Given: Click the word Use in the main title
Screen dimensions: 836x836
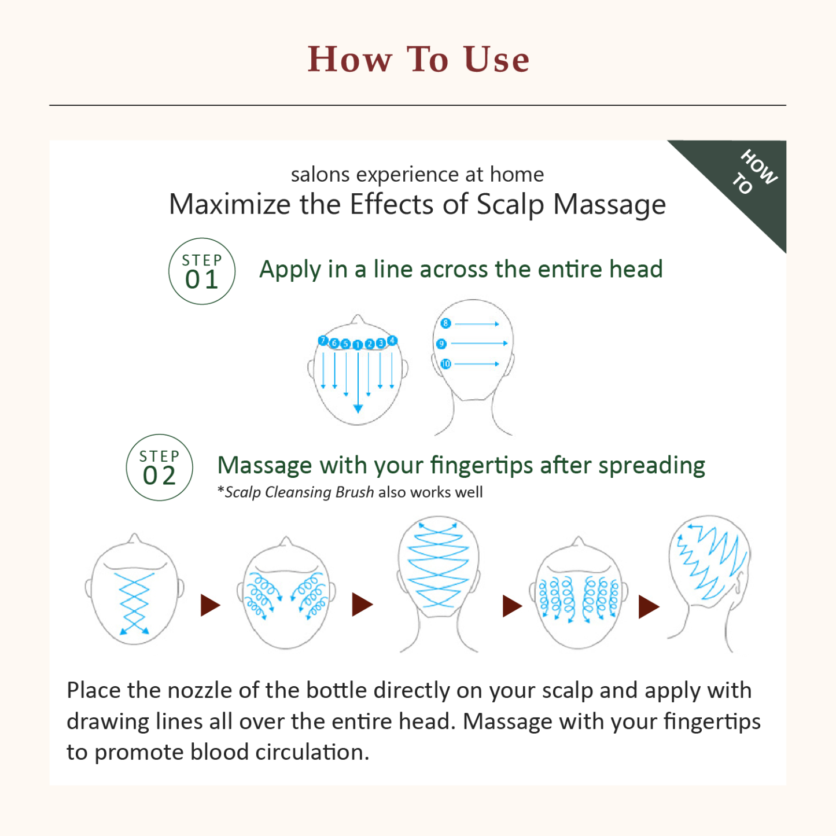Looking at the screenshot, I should [496, 60].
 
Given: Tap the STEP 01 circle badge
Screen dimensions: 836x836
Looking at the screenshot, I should [202, 271].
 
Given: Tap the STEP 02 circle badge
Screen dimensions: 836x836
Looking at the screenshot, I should [159, 467].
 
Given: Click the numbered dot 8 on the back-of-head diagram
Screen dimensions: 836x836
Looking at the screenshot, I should [445, 323].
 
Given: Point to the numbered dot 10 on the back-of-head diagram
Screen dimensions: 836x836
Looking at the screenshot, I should [445, 364].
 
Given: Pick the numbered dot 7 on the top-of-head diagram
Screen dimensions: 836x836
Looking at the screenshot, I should [323, 341].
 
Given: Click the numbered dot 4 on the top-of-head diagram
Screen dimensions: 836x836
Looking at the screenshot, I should [392, 340].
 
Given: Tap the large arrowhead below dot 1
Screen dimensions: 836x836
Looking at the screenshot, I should [358, 408].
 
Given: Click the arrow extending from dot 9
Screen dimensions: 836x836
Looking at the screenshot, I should [479, 344].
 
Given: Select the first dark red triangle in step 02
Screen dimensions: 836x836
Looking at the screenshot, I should [210, 605].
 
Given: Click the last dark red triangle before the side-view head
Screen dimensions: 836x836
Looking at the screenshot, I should [649, 607].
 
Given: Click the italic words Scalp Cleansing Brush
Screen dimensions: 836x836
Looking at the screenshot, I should [299, 492].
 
